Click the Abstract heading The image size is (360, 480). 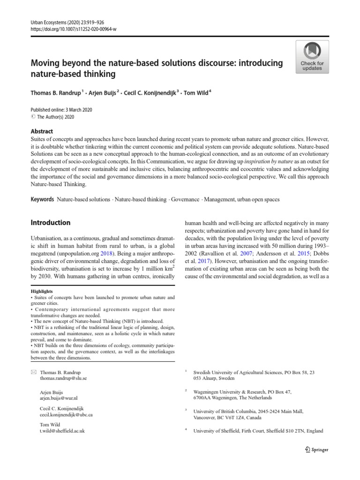(x=42, y=132)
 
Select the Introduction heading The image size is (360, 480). (x=51, y=223)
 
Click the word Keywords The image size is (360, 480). (x=42, y=199)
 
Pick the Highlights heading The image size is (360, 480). (x=42, y=291)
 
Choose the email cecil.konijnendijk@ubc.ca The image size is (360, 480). (x=66, y=415)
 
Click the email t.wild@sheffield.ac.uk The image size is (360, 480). (x=62, y=430)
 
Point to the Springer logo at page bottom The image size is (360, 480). (x=316, y=450)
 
